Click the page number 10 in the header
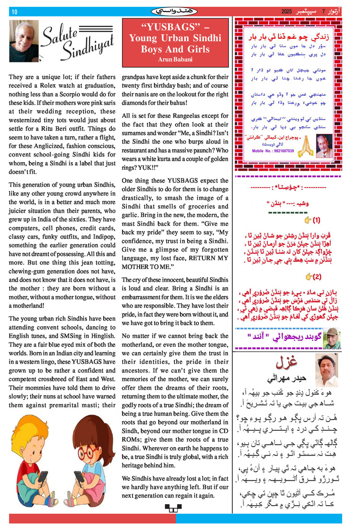(x=14, y=12)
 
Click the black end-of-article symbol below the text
(x=170, y=508)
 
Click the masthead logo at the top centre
(x=178, y=11)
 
